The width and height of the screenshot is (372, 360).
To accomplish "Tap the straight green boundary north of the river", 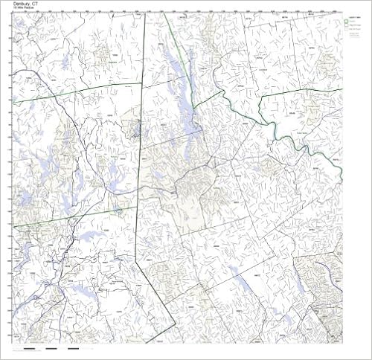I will click(298, 92).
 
